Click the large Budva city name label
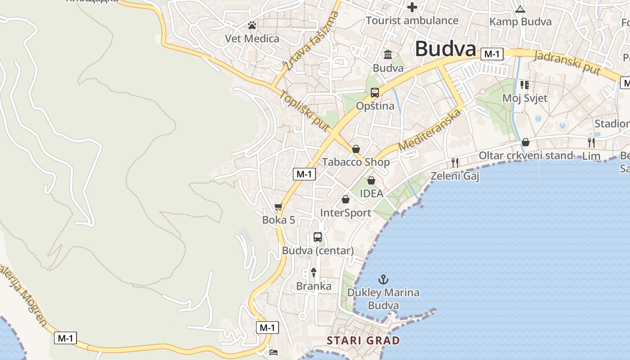pyautogui.click(x=445, y=49)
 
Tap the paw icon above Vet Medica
pyautogui.click(x=252, y=25)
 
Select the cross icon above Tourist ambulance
pyautogui.click(x=412, y=7)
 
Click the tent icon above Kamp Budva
pyautogui.click(x=520, y=9)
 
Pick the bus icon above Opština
pyautogui.click(x=375, y=93)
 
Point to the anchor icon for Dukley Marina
pyautogui.click(x=383, y=279)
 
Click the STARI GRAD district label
pyautogui.click(x=363, y=340)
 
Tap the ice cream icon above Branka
pyautogui.click(x=313, y=272)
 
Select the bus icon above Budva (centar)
pyautogui.click(x=318, y=237)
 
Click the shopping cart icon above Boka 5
pyautogui.click(x=279, y=207)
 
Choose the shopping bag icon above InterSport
pyautogui.click(x=346, y=199)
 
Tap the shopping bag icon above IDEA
pyautogui.click(x=371, y=180)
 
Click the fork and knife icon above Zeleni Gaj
pyautogui.click(x=455, y=162)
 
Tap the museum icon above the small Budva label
pyautogui.click(x=388, y=55)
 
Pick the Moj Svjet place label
pyautogui.click(x=525, y=98)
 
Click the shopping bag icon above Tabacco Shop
pyautogui.click(x=356, y=149)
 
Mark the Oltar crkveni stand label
pyautogui.click(x=526, y=156)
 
